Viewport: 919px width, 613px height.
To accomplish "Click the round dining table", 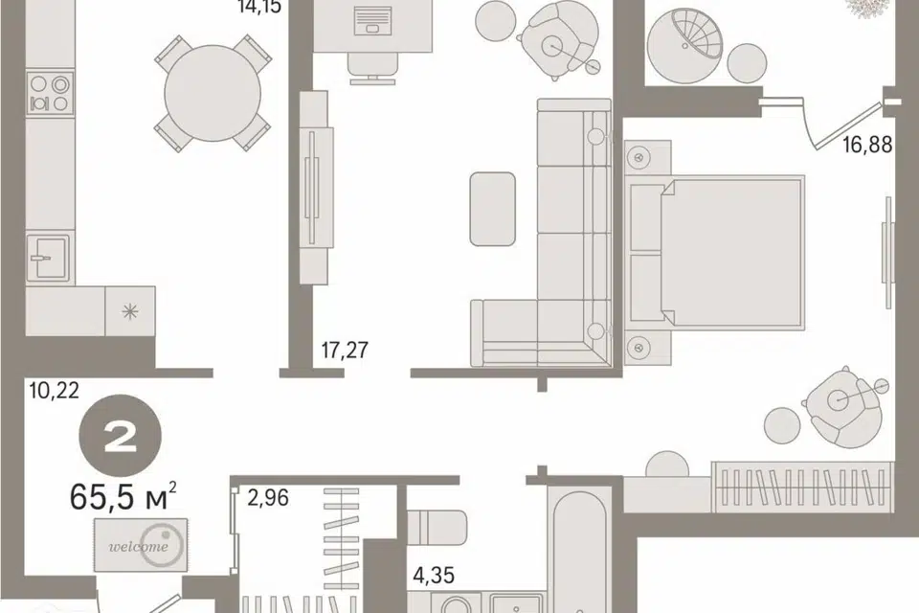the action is [213, 93].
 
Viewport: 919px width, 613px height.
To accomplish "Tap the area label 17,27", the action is [345, 351].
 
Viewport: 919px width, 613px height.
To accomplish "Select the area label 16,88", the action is [867, 144].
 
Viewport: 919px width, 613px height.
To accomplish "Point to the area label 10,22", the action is [54, 390].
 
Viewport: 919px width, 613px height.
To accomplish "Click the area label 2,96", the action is [268, 498].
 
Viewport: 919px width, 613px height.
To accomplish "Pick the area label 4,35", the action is [434, 576].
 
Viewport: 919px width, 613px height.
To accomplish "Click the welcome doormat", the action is [141, 545].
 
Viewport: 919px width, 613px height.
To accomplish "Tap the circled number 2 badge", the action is [121, 435].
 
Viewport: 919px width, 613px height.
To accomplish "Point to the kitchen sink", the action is [48, 258].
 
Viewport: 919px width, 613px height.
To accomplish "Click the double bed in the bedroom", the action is [715, 252].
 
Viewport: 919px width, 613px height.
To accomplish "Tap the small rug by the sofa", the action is [493, 209].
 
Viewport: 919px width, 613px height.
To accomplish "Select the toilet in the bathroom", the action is [437, 527].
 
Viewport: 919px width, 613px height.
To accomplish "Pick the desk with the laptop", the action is [373, 27].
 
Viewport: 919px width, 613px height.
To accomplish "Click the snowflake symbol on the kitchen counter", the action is [130, 311].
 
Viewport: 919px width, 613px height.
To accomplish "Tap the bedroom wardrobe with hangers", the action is [802, 487].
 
